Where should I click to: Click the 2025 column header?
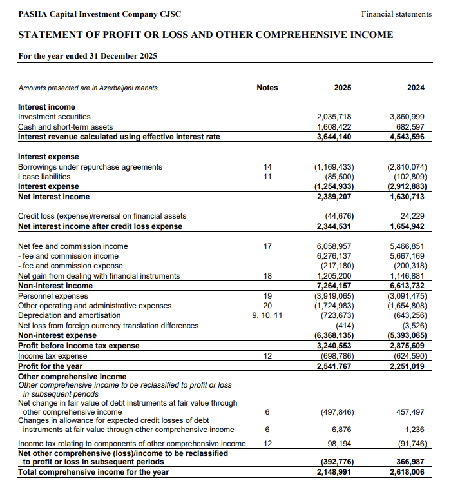coord(343,88)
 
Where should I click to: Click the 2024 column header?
coord(416,88)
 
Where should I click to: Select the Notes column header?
coord(267,88)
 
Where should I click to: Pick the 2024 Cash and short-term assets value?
coord(408,127)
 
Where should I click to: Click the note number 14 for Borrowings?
coord(267,167)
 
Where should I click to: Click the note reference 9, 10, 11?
coord(267,315)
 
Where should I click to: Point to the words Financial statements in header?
coord(396,14)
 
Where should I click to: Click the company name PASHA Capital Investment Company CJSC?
coord(100,14)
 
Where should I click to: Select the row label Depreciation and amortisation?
coord(69,315)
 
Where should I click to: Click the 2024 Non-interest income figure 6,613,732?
coord(407,286)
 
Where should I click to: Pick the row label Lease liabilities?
coord(44,177)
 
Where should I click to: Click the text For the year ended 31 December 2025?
coord(88,56)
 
